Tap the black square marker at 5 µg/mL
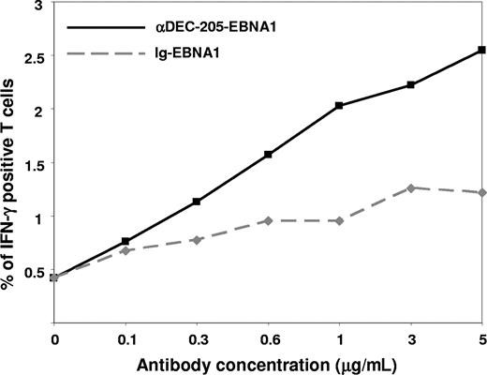click(481, 50)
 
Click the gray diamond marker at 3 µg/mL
click(410, 187)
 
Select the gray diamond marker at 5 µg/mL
click(481, 192)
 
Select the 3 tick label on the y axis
click(40, 7)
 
